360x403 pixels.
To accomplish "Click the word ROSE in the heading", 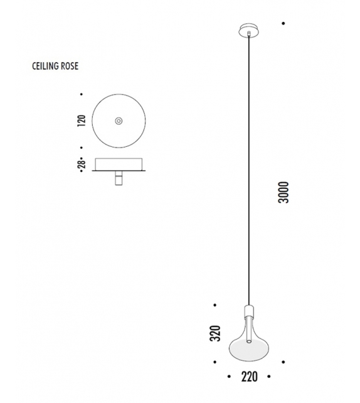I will (x=70, y=65).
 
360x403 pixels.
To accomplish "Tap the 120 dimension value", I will (x=82, y=121).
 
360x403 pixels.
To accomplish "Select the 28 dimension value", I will (x=82, y=164).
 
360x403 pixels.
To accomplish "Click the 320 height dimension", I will (x=214, y=333).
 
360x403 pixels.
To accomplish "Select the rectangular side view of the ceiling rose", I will (x=119, y=164).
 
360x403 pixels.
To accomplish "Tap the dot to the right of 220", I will (x=268, y=377).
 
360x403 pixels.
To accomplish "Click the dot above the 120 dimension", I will (x=82, y=95).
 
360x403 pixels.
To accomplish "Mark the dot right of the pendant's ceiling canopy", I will (x=283, y=24).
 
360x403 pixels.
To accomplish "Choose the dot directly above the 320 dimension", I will (x=214, y=305).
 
